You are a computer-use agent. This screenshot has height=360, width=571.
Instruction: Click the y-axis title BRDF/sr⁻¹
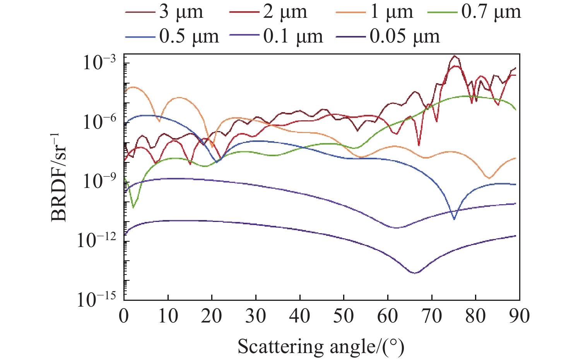tap(59, 177)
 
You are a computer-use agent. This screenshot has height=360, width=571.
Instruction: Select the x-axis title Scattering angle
tap(321, 346)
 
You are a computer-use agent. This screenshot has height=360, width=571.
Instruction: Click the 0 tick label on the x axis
tap(124, 316)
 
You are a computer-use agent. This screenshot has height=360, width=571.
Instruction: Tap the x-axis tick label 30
tap(256, 316)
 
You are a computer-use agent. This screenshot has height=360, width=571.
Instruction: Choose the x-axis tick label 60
tap(388, 316)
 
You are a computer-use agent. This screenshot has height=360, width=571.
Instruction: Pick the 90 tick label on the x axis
tap(519, 316)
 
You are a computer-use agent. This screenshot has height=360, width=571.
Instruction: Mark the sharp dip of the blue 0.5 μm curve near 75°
tap(454, 219)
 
